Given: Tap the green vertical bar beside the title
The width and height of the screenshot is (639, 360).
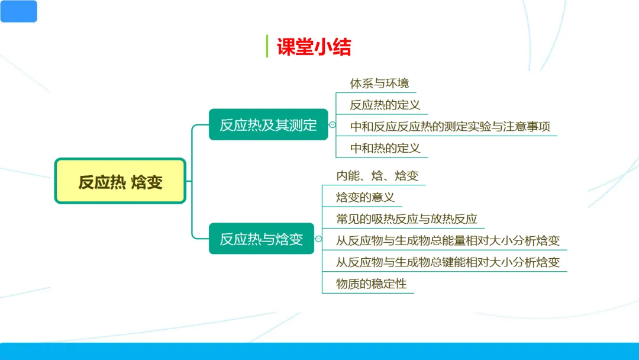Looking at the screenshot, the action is click(x=267, y=46).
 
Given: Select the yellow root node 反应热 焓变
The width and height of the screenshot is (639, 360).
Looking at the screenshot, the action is click(x=120, y=181).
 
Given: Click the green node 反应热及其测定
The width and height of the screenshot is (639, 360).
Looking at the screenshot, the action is click(x=268, y=125).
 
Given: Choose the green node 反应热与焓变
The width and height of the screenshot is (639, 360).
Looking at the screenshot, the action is click(x=261, y=239).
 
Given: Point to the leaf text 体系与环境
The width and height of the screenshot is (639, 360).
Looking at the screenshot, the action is click(x=379, y=83).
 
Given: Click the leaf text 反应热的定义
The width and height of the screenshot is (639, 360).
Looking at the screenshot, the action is click(x=385, y=105).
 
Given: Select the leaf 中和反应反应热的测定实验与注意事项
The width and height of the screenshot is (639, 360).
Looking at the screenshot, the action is click(x=450, y=126).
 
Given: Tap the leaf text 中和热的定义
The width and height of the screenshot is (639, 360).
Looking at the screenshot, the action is click(x=385, y=147).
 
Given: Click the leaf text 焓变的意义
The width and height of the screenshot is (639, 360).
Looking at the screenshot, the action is click(x=365, y=197).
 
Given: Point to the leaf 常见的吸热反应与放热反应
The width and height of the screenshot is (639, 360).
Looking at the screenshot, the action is click(x=406, y=218).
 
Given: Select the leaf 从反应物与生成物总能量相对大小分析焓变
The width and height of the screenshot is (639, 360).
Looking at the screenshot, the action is click(x=448, y=240).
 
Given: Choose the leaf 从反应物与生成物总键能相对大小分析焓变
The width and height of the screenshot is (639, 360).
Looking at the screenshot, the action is click(x=448, y=262).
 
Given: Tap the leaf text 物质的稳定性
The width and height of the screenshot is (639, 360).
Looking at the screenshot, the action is click(x=371, y=284).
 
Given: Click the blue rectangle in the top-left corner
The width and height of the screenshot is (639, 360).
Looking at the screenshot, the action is click(x=18, y=11).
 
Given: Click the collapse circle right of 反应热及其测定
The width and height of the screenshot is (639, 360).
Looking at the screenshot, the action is click(x=333, y=125).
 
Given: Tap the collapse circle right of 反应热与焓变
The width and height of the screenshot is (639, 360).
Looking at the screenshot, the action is click(x=319, y=239).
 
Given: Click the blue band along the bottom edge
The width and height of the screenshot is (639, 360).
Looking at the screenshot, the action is click(x=319, y=351).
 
